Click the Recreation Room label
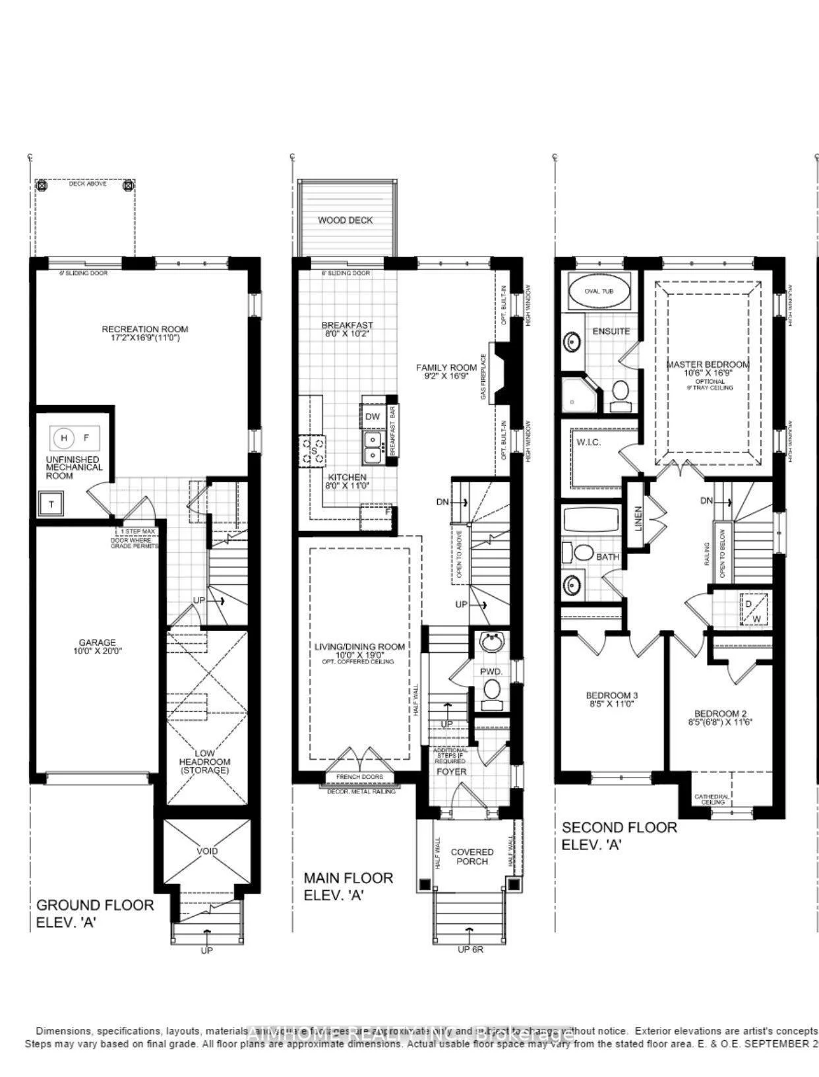click(x=144, y=328)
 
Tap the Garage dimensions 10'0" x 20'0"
click(x=97, y=651)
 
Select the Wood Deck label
click(x=345, y=220)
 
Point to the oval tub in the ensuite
click(x=598, y=290)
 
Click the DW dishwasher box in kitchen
click(x=372, y=416)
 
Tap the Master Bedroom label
click(x=708, y=364)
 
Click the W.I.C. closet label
click(x=588, y=442)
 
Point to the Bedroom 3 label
click(x=611, y=695)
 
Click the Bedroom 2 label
click(x=720, y=714)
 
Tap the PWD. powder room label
click(x=491, y=671)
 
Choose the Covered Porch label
click(x=472, y=857)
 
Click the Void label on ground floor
click(x=207, y=851)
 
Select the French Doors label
click(x=359, y=777)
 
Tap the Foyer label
click(x=451, y=772)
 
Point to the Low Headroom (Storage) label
click(x=204, y=761)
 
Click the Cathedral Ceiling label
click(x=712, y=799)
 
